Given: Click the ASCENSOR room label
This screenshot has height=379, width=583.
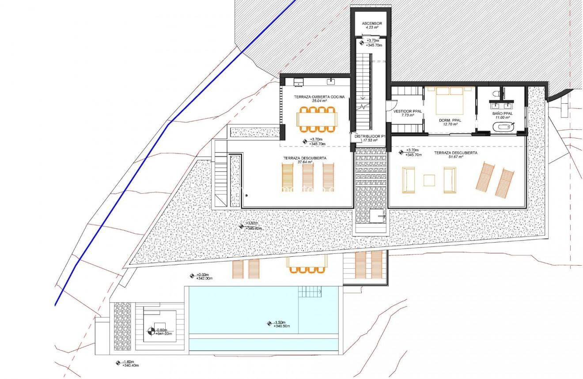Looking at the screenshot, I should [x=371, y=23].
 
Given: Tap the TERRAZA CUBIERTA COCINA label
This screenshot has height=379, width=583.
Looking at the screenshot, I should [x=316, y=97].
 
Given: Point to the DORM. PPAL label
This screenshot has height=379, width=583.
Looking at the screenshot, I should [x=450, y=120].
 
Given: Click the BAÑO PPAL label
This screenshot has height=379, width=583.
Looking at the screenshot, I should [x=501, y=113].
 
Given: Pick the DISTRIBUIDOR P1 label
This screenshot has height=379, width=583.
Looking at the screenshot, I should [x=370, y=136].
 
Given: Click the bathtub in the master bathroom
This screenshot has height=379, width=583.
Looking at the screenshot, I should [x=503, y=128].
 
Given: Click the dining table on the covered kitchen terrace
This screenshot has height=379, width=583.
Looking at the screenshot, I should [x=317, y=119].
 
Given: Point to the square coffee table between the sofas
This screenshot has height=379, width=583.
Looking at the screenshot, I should [x=429, y=180].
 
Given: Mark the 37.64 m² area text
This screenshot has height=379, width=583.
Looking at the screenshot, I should [x=305, y=162].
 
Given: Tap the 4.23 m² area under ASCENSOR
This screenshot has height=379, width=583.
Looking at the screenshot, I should [x=372, y=27].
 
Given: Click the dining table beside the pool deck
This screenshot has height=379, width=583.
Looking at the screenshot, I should [x=307, y=263].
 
